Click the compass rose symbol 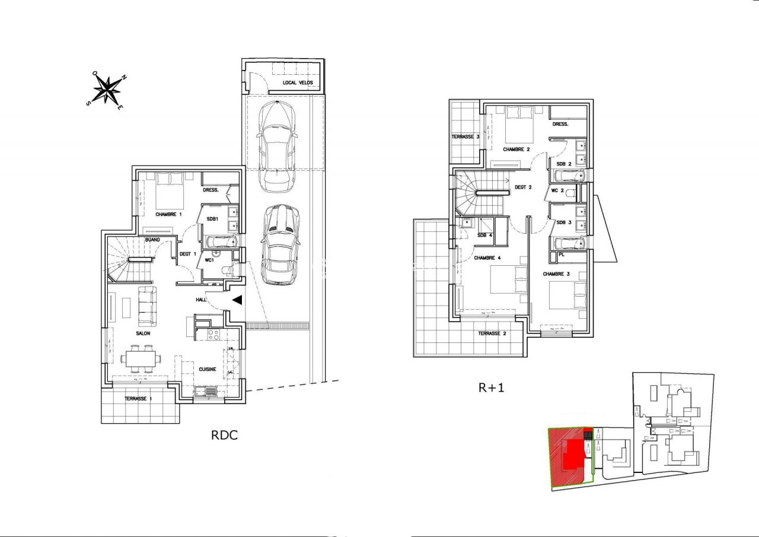coord(107,90)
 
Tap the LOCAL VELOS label coord(297,82)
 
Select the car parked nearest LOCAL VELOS coord(276,145)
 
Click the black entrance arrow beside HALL coord(237,300)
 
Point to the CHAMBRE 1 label coord(168,214)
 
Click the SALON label coord(142,333)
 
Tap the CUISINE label coord(207,369)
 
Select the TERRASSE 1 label coord(138,399)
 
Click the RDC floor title coord(224,435)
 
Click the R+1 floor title coord(491,388)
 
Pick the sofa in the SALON coord(147,306)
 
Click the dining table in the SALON coord(141,359)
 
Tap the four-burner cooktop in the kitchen coord(212,335)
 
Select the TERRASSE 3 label coord(465,136)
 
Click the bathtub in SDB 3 coord(569,243)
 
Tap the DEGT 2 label coord(522,187)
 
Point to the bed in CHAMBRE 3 coord(568,295)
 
